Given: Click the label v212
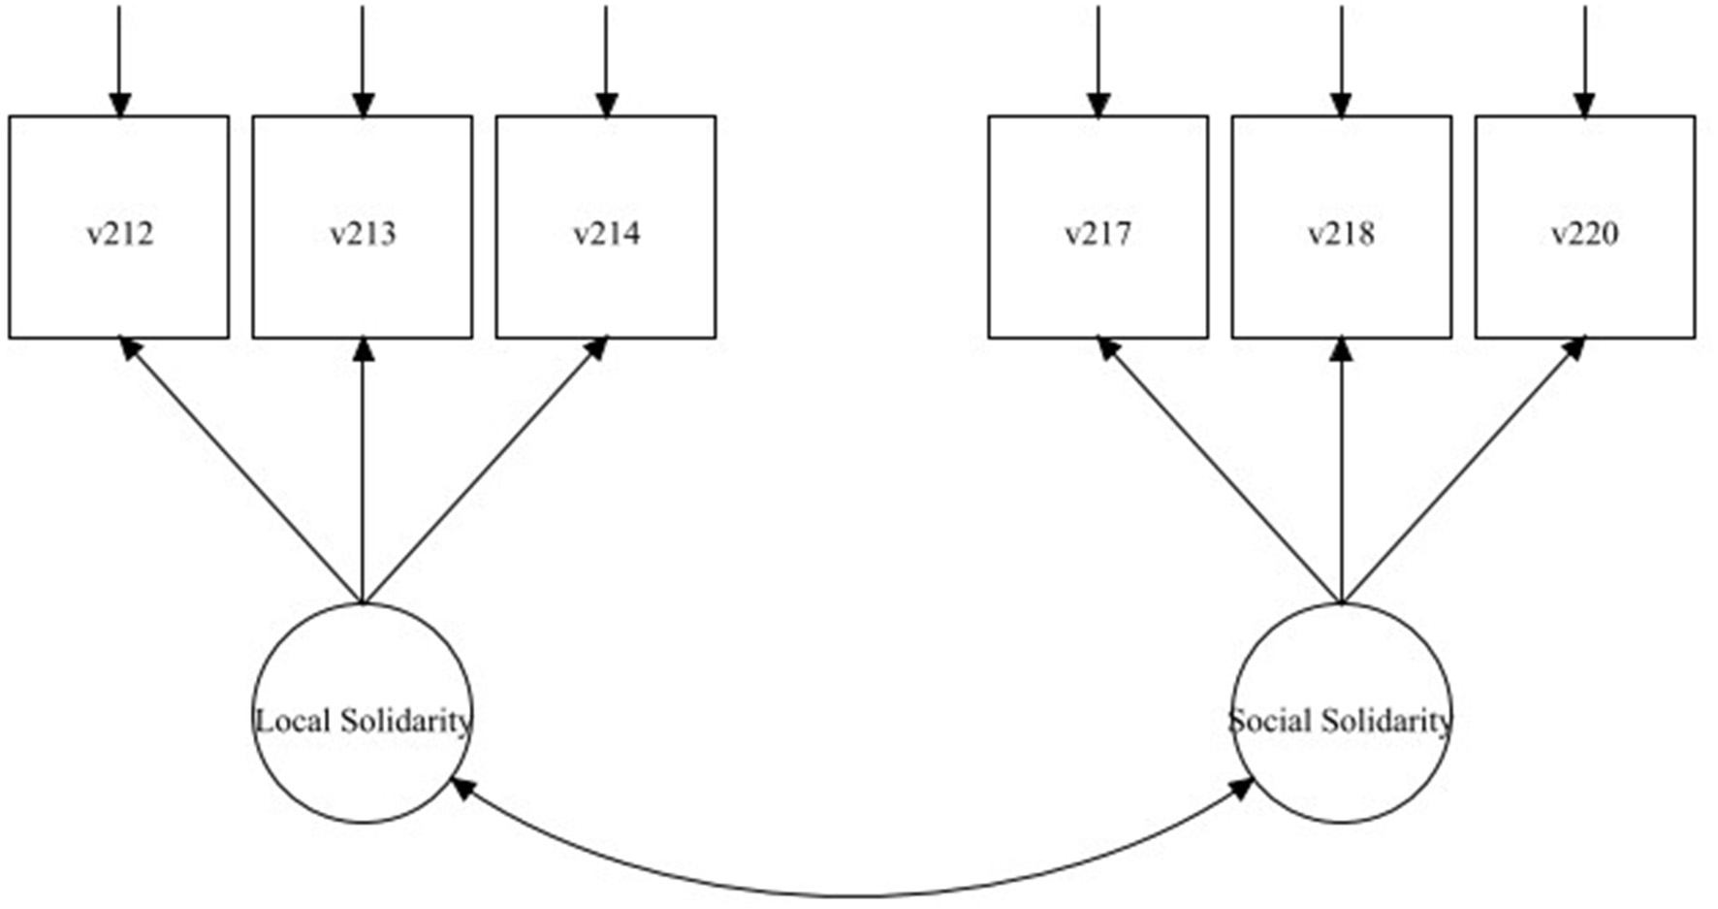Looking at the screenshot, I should [119, 235].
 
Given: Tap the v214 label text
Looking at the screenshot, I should [606, 235].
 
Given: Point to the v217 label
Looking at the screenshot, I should [1098, 235].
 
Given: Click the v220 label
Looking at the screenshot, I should [1584, 235].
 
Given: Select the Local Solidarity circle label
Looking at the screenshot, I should [363, 721].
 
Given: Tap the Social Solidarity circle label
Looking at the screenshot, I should [1341, 721].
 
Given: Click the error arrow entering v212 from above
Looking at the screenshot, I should [119, 58].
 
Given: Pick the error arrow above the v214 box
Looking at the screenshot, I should [606, 58].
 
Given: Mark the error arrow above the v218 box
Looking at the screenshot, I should [1341, 58].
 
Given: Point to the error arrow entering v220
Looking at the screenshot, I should [1584, 58].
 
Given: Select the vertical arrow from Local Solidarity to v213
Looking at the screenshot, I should [363, 471].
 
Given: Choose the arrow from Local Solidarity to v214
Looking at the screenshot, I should [485, 471].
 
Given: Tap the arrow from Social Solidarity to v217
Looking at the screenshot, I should [1219, 471].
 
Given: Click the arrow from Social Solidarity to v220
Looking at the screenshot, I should [1463, 471].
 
